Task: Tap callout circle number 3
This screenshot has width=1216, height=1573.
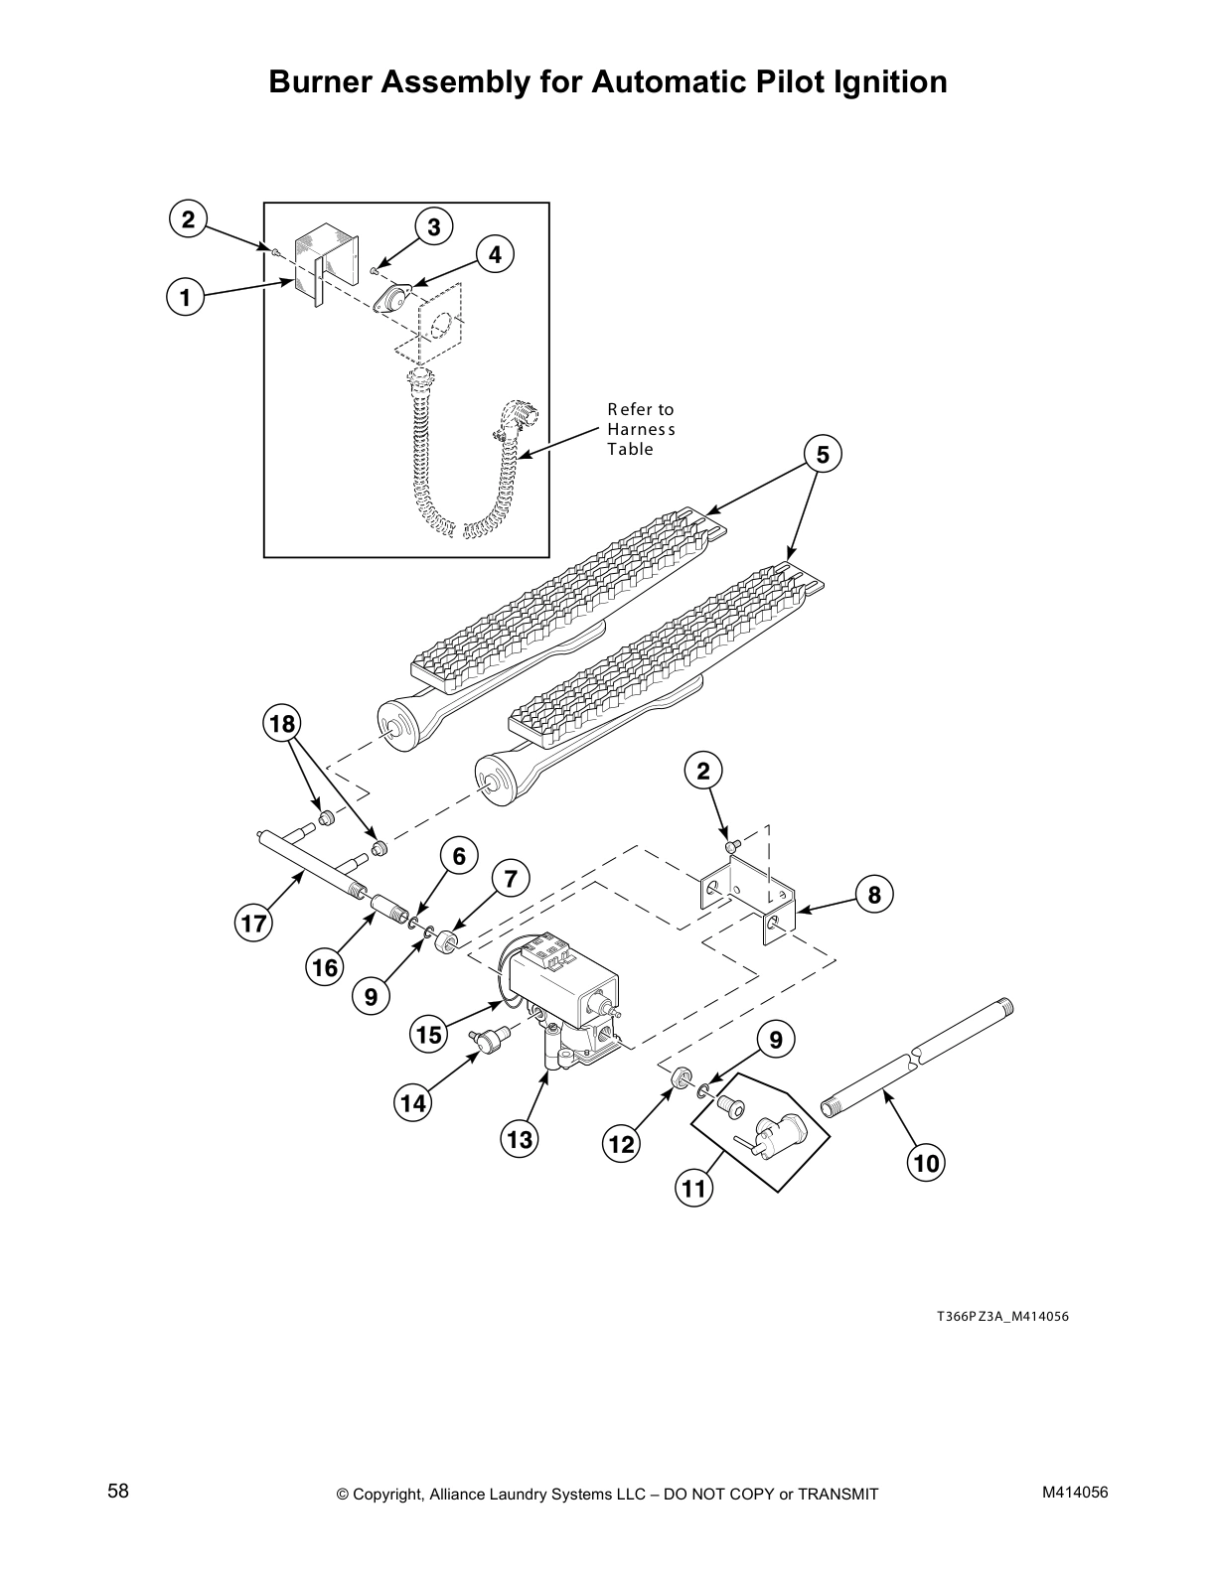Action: (x=434, y=227)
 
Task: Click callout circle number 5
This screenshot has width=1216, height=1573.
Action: (x=823, y=455)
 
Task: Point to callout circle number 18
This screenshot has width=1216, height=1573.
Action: (x=283, y=724)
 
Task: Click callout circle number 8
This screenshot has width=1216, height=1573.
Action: (x=874, y=896)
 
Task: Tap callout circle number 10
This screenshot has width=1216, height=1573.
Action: (x=926, y=1163)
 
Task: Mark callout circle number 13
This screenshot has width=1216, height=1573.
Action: (x=520, y=1139)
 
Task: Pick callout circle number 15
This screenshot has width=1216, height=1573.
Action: (x=428, y=1036)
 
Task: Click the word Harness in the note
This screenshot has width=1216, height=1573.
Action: (x=641, y=429)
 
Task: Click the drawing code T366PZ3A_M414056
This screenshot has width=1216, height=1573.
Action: (x=1002, y=1317)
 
